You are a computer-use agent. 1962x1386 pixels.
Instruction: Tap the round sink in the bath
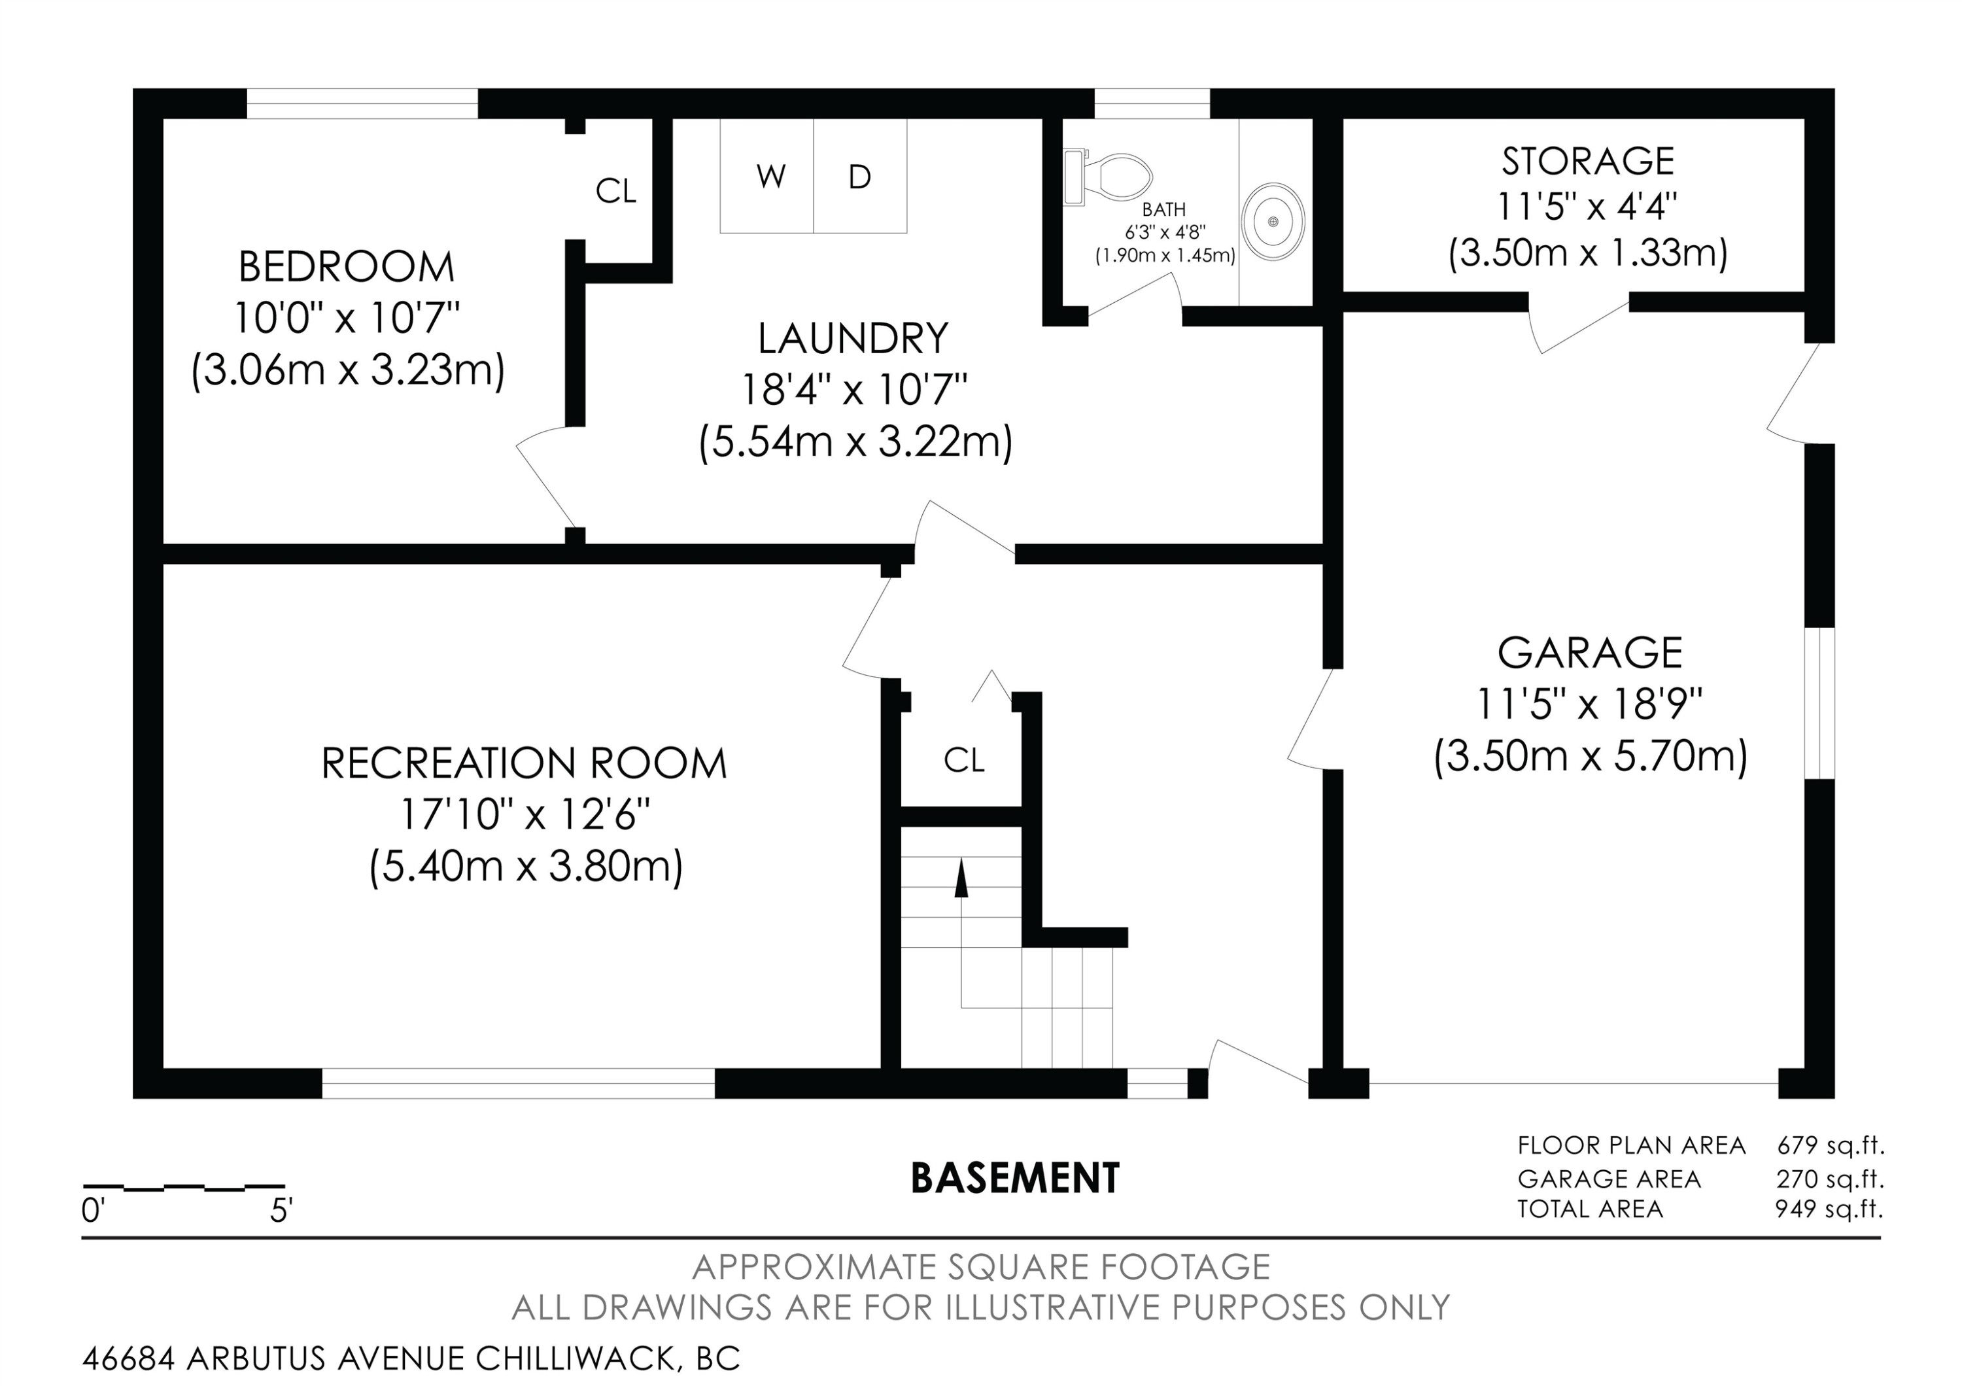[x=1273, y=221]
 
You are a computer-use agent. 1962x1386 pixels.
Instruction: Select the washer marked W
[x=766, y=176]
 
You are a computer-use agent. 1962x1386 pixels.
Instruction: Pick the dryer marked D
[x=859, y=176]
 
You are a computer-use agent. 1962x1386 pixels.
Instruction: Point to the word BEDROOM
[x=346, y=267]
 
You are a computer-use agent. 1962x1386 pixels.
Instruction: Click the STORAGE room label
[x=1588, y=161]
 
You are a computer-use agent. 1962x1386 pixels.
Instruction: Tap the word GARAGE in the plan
[x=1589, y=653]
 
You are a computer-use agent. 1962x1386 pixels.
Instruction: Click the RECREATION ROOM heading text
[x=524, y=763]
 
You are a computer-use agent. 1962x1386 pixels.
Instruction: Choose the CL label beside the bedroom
[x=615, y=192]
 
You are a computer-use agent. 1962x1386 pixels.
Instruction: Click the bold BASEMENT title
[x=1015, y=1179]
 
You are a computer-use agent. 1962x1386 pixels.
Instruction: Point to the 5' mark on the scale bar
[x=281, y=1211]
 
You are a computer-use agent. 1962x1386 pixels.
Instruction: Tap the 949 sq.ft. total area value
[x=1829, y=1209]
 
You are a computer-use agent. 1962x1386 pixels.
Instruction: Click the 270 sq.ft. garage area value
[x=1829, y=1179]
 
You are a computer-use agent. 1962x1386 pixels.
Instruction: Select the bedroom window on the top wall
[x=362, y=103]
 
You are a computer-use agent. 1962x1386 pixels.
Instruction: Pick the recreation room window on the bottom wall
[x=518, y=1084]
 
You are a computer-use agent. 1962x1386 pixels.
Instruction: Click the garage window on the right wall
[x=1819, y=703]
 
